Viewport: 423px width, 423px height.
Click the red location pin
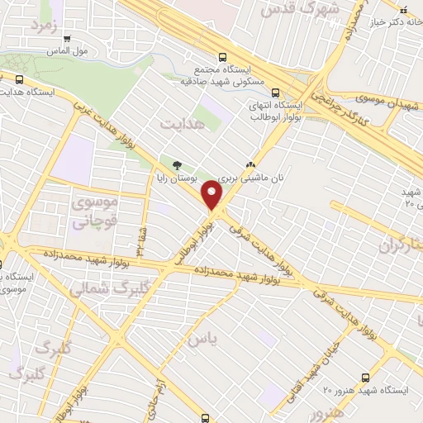point(213,197)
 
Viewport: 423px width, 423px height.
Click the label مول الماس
point(93,50)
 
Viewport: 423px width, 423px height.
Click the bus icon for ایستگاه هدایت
point(19,79)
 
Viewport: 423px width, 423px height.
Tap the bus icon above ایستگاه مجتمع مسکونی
point(221,57)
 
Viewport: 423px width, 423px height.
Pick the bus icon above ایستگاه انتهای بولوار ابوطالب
point(276,93)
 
